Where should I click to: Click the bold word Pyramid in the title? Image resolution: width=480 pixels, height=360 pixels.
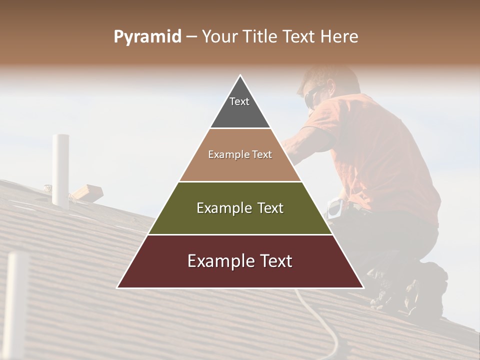(x=147, y=37)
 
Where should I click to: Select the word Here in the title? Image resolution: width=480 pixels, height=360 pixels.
(x=339, y=37)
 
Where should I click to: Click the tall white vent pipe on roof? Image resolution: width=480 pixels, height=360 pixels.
(x=61, y=170)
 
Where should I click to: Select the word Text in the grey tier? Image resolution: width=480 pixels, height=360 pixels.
(x=239, y=101)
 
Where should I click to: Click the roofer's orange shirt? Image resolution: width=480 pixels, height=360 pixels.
(x=380, y=150)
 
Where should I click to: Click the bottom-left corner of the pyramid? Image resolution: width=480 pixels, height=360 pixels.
(x=118, y=287)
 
